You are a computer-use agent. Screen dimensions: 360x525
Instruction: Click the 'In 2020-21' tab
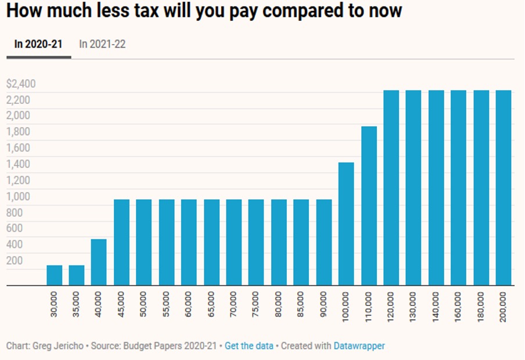pyautogui.click(x=38, y=44)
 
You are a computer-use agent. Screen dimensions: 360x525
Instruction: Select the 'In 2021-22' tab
pyautogui.click(x=102, y=44)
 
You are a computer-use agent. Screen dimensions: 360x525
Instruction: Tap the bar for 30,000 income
pyautogui.click(x=54, y=275)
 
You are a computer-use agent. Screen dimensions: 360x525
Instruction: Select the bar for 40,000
pyautogui.click(x=99, y=262)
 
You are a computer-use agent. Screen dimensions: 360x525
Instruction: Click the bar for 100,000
pyautogui.click(x=346, y=224)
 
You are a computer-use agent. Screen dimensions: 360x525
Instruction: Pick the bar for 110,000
pyautogui.click(x=369, y=206)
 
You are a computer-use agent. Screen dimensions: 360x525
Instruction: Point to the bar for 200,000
pyautogui.click(x=504, y=188)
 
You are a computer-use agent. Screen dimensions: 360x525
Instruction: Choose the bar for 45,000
pyautogui.click(x=121, y=242)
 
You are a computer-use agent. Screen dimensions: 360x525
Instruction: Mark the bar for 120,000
pyautogui.click(x=391, y=188)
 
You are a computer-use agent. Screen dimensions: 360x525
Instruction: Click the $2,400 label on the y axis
pyautogui.click(x=21, y=84)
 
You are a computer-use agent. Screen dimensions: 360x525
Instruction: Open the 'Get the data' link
pyautogui.click(x=249, y=346)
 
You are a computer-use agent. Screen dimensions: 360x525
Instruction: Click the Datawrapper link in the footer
pyautogui.click(x=359, y=346)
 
